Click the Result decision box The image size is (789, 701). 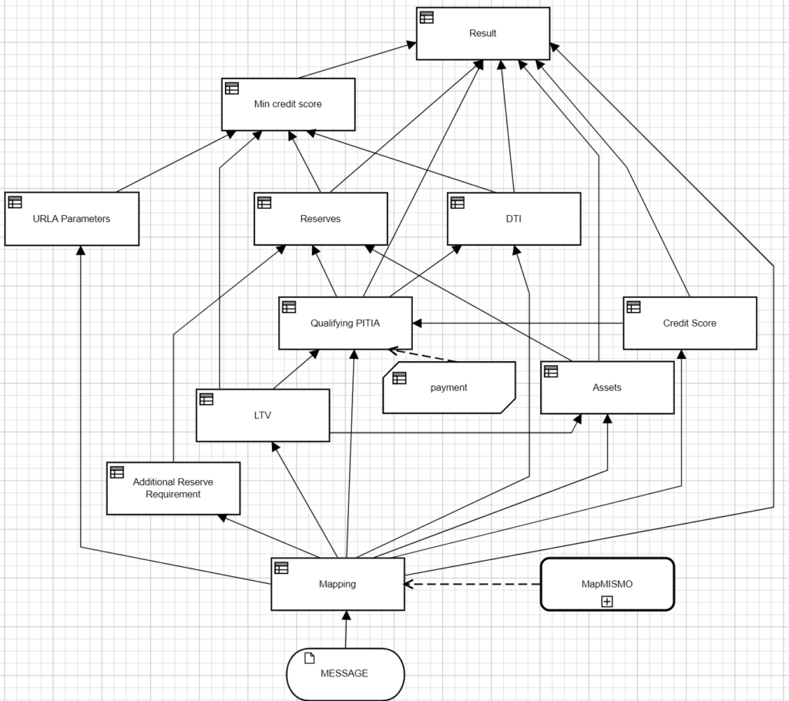tap(483, 34)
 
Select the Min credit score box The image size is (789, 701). tap(287, 104)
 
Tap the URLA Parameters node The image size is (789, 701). tap(72, 219)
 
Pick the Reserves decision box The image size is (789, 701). tap(321, 219)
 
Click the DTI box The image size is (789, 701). tap(513, 219)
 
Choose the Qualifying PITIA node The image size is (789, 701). tap(345, 324)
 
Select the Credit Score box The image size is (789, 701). tap(690, 324)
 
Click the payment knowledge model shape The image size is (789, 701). tap(449, 387)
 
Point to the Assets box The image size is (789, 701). tap(607, 387)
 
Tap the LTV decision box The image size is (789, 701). tap(263, 415)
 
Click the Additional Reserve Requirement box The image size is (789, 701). tap(173, 488)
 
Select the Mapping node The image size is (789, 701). tap(337, 584)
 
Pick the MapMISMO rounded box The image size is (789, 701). tap(607, 584)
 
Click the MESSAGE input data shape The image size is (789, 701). tap(344, 673)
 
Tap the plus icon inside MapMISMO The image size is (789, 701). tap(607, 601)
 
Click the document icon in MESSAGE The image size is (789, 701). tap(310, 657)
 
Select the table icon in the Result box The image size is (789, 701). tap(427, 17)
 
